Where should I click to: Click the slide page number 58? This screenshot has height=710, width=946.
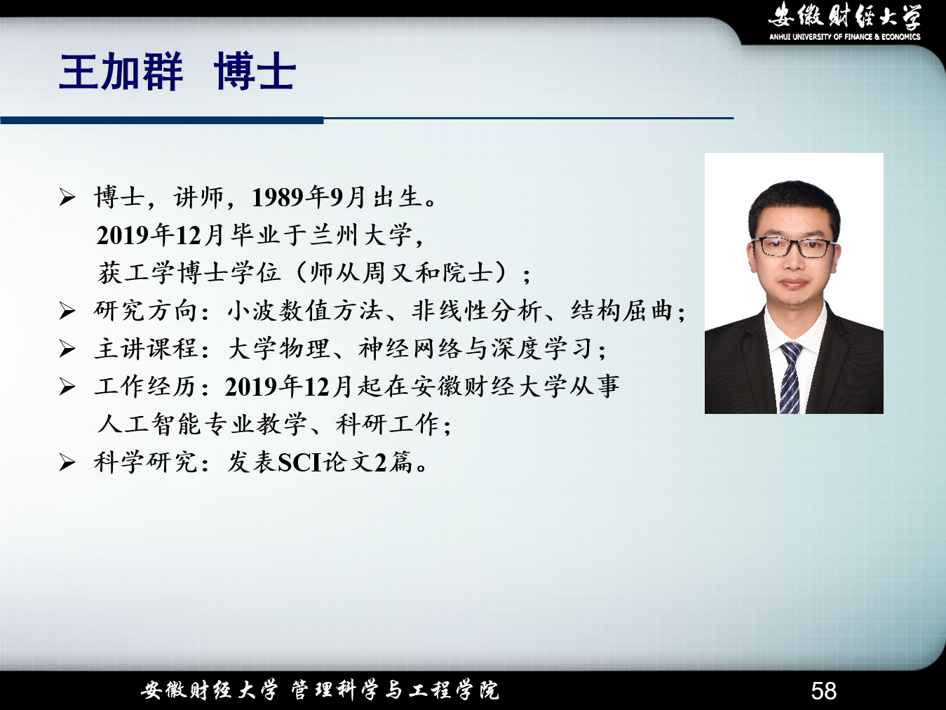coord(823,690)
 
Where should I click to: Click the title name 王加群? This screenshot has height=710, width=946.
coord(121,72)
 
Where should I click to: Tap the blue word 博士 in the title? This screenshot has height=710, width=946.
coord(255,72)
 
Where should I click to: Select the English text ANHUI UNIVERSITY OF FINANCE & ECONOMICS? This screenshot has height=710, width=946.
coord(845,37)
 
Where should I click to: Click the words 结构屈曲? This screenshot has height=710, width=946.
coord(621,311)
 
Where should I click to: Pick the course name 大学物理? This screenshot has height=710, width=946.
coord(278,349)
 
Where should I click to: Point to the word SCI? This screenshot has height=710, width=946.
coord(299,462)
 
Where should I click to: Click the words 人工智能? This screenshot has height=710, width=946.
coord(149,424)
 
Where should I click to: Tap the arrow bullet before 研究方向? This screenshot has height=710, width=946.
coord(67,312)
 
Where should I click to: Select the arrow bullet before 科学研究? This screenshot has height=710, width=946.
coord(67,463)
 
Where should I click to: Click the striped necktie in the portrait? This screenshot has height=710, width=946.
coord(790,377)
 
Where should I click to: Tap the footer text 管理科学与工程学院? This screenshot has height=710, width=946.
coord(395,690)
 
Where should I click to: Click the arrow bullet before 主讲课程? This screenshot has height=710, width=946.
coord(67,349)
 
